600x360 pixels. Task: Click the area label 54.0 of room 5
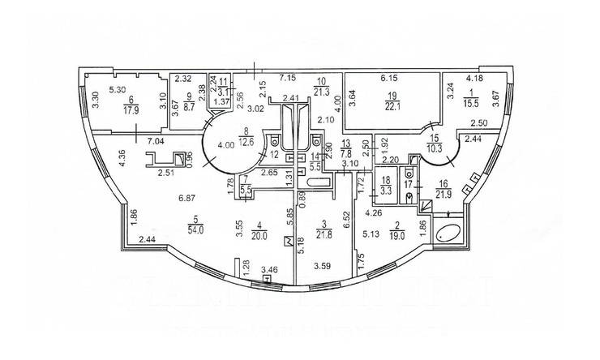[194, 229]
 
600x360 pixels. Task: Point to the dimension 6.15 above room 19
[390, 78]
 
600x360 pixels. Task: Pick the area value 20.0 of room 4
[257, 229]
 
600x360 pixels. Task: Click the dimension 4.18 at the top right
[476, 78]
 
